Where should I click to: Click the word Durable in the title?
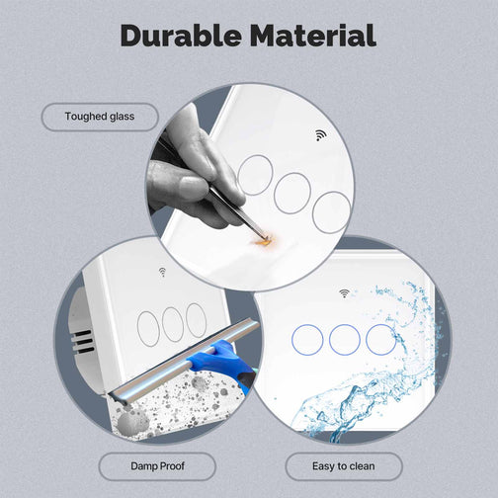pyautogui.click(x=180, y=36)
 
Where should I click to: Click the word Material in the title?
pyautogui.click(x=313, y=36)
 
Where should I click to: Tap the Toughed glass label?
pyautogui.click(x=100, y=117)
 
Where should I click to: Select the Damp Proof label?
pyautogui.click(x=157, y=466)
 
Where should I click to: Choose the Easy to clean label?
pyautogui.click(x=344, y=466)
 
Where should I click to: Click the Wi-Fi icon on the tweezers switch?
pyautogui.click(x=320, y=135)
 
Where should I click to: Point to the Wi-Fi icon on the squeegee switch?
pyautogui.click(x=162, y=272)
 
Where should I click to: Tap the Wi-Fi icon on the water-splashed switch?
pyautogui.click(x=344, y=293)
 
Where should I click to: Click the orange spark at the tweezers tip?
pyautogui.click(x=264, y=241)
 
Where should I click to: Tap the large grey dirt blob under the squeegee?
pyautogui.click(x=129, y=423)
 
